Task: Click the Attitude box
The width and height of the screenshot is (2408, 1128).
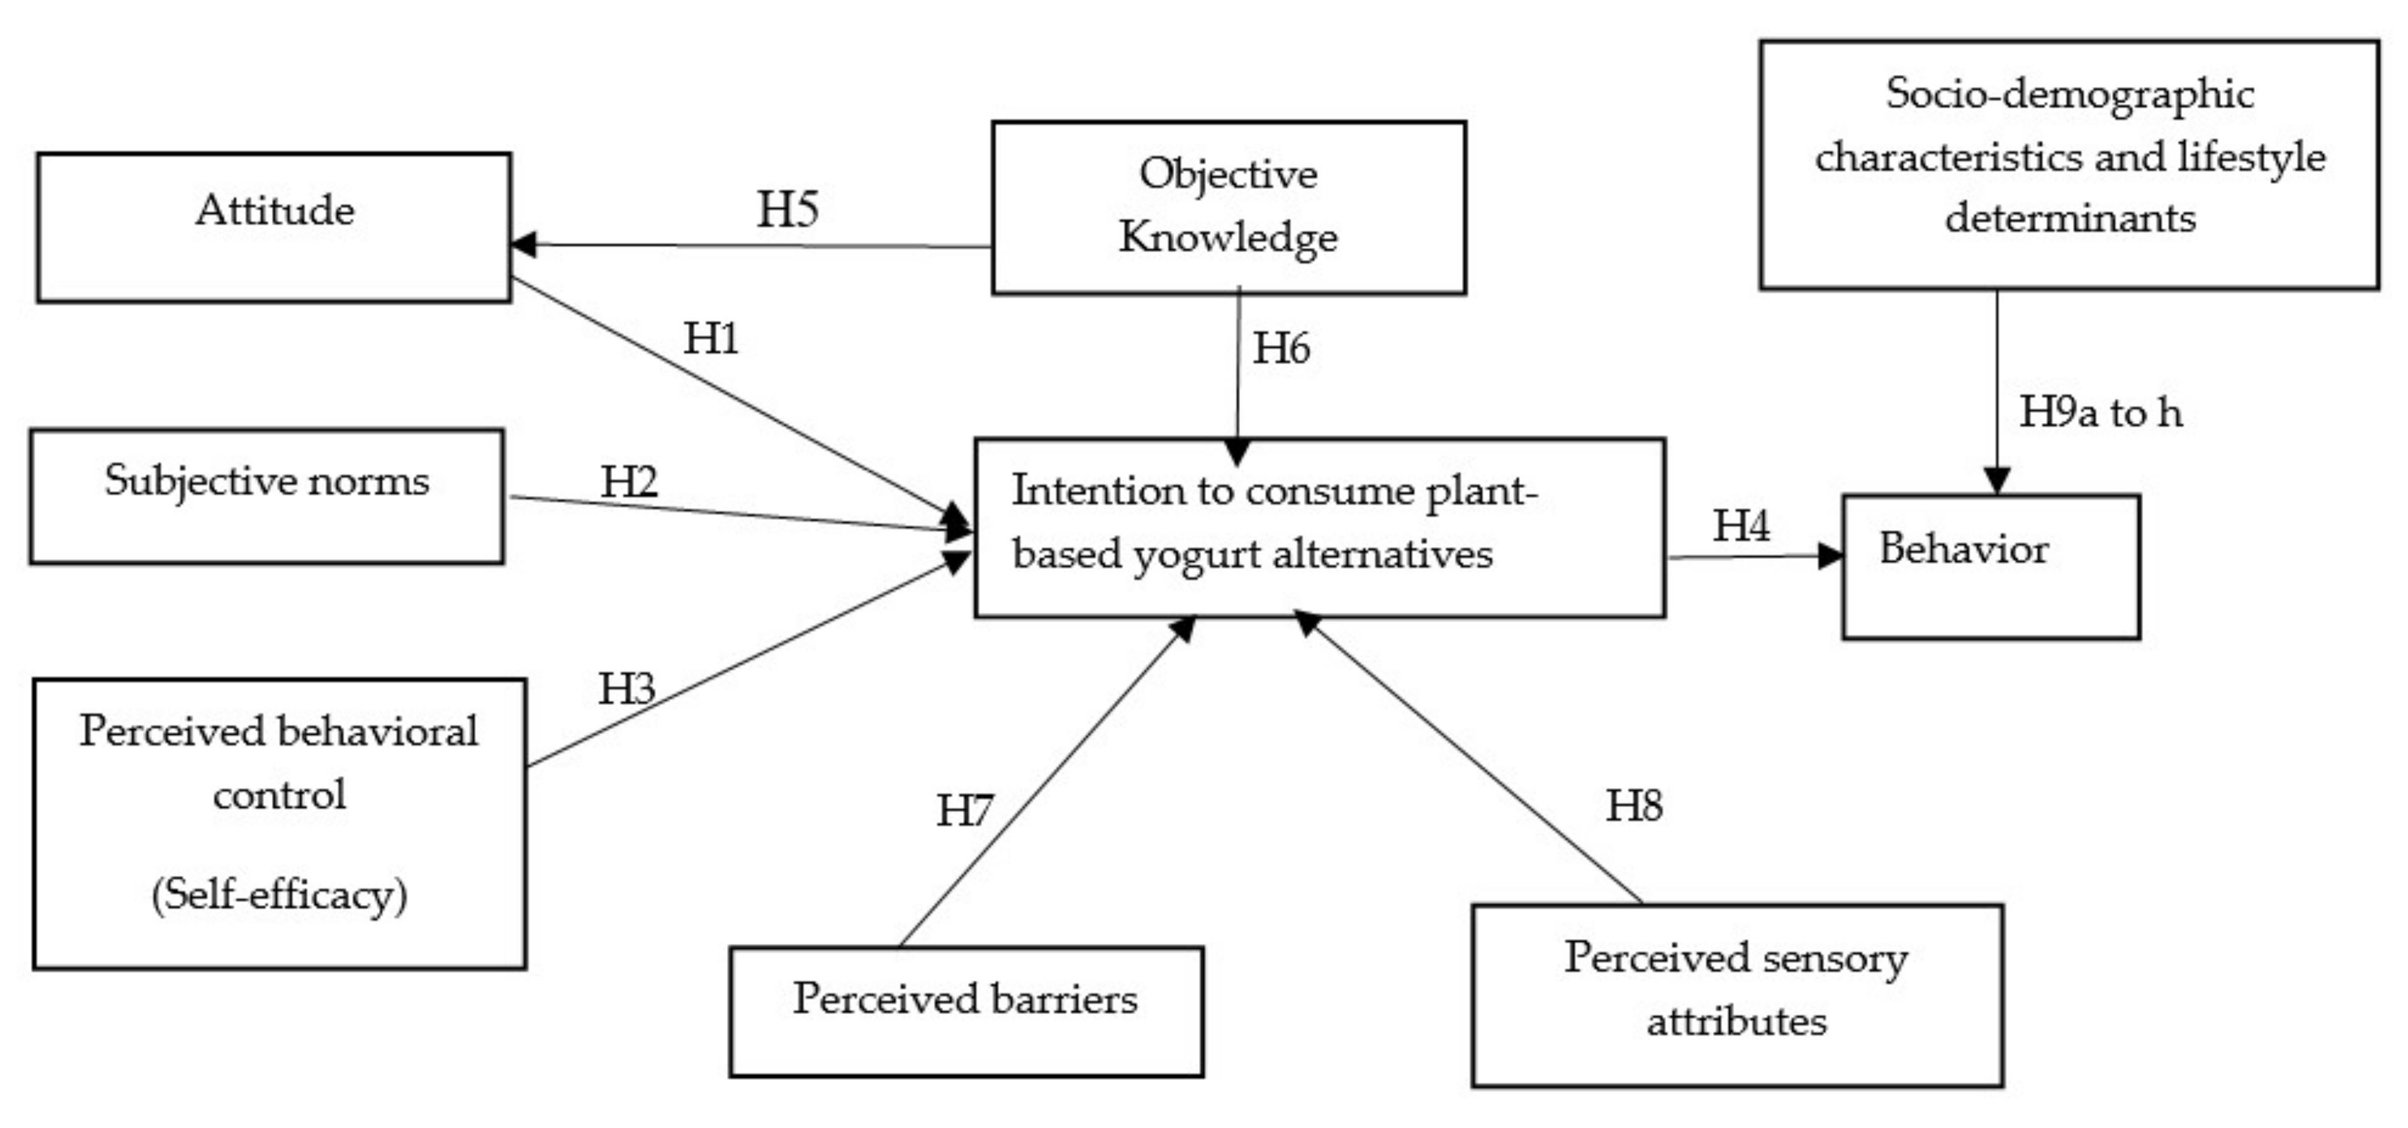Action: [274, 227]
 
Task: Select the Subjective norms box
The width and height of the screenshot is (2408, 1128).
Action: [266, 496]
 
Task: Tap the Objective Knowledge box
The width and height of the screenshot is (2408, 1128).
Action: [1228, 208]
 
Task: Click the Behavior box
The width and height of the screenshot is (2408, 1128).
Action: [1990, 566]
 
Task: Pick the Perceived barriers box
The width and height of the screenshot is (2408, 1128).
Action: [966, 1011]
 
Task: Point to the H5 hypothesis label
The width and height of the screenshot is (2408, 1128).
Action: [787, 209]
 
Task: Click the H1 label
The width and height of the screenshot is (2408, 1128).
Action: [710, 338]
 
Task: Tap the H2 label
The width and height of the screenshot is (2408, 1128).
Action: [628, 482]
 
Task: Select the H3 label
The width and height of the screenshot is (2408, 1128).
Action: [626, 689]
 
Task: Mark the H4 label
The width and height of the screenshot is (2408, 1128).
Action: [1740, 525]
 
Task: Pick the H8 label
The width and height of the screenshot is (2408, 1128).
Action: [1634, 805]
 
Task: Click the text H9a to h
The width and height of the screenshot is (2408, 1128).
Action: [2100, 412]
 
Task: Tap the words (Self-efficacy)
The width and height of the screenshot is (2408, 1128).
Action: [279, 895]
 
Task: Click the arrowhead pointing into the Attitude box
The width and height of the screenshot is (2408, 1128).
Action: [523, 245]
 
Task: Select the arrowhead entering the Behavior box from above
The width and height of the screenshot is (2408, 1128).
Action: [1997, 480]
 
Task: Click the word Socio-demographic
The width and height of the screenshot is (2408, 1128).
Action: [2070, 94]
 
